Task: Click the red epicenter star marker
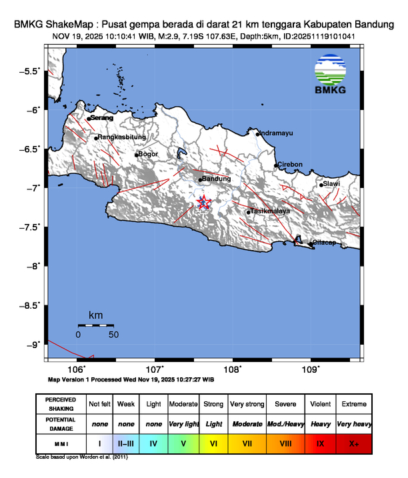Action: [205, 203]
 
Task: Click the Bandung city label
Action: [217, 179]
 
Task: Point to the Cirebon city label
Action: [290, 164]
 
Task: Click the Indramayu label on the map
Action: [275, 133]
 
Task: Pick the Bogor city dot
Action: [137, 155]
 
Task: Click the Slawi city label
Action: [331, 184]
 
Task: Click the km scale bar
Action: [95, 325]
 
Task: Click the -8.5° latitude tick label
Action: [29, 305]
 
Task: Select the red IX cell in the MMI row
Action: [320, 442]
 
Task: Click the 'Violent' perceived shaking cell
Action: [320, 404]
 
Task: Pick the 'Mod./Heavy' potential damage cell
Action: [285, 423]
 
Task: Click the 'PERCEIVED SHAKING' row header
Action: [61, 404]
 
